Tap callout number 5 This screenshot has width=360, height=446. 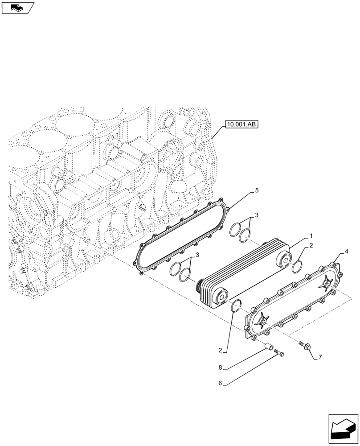coord(257,190)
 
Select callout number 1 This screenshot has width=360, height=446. coord(311,235)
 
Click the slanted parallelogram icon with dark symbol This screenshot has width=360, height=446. coord(18,7)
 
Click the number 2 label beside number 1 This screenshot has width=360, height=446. coord(311,246)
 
